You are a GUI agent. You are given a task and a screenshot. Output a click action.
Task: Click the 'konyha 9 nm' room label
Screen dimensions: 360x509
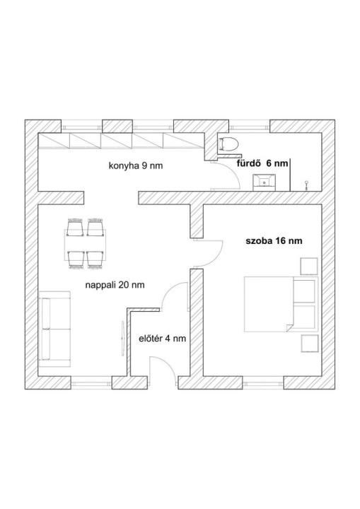[136, 166]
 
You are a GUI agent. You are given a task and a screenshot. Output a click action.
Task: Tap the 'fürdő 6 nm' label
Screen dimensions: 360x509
[262, 163]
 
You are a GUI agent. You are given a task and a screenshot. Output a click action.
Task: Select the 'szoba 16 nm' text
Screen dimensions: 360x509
[274, 241]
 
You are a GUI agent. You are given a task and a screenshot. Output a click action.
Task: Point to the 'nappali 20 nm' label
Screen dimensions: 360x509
[115, 285]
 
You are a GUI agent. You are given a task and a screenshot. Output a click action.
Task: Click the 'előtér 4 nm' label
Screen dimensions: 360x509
[163, 339]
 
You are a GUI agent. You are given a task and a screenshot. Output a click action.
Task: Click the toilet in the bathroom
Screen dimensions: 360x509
[228, 144]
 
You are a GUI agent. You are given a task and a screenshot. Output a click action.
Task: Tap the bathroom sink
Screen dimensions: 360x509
[264, 182]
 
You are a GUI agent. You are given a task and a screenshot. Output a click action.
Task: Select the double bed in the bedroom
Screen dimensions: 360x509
[281, 304]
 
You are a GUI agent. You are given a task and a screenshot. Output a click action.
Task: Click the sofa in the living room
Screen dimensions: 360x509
[54, 329]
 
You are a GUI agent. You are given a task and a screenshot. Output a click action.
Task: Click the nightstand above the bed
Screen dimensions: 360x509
[309, 267]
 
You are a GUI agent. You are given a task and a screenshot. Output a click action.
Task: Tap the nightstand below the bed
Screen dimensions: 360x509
[309, 344]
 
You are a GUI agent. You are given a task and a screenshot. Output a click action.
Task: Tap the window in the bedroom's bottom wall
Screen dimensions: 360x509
[263, 383]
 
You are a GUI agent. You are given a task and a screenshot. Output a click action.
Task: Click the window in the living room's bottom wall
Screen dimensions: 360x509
[91, 383]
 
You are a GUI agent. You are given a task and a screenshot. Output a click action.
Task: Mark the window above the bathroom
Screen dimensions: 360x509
[249, 126]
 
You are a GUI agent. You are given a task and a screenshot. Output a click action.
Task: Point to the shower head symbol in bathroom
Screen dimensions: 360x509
[306, 185]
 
